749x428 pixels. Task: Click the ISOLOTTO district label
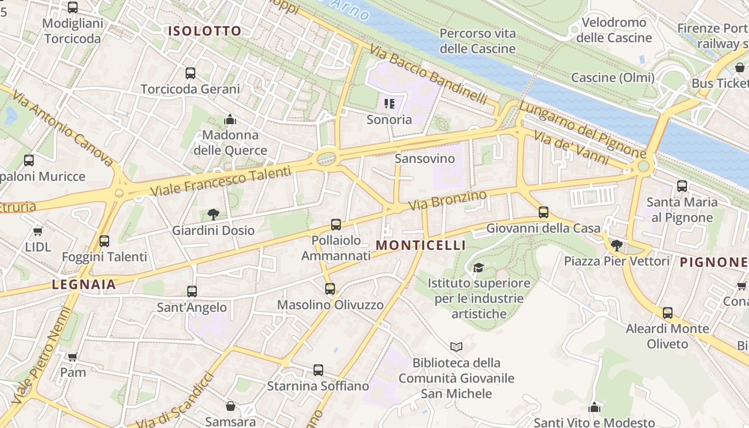205,31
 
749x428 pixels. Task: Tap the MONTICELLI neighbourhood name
421,245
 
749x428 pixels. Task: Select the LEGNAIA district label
84,284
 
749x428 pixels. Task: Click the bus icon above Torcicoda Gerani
190,73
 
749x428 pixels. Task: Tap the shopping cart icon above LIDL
37,231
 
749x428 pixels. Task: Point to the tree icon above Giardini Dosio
213,215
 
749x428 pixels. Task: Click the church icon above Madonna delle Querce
230,119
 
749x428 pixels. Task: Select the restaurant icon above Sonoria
389,103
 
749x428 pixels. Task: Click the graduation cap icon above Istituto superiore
478,267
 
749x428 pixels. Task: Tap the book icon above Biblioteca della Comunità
456,347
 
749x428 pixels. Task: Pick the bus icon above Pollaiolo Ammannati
335,225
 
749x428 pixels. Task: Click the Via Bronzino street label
448,200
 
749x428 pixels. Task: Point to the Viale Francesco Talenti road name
220,181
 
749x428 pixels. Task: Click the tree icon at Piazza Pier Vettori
616,246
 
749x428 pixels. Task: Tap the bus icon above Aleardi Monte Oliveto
667,313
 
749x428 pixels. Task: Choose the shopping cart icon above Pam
72,357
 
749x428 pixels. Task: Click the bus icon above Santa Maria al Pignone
682,186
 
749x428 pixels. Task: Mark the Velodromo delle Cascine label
614,30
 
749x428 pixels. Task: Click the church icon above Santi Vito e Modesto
594,408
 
